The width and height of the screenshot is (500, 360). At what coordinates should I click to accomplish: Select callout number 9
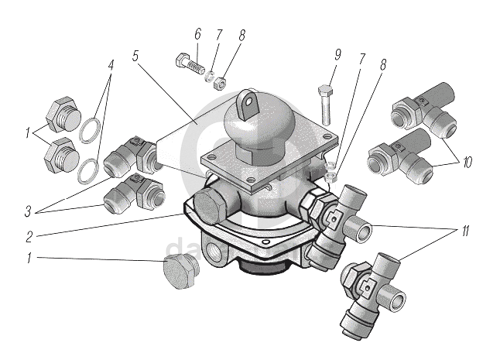tap(337, 56)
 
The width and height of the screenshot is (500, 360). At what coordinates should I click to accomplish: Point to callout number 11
tap(467, 231)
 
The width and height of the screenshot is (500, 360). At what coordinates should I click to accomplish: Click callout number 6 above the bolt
tap(197, 34)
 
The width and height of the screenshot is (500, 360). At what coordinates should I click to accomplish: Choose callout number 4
tap(111, 66)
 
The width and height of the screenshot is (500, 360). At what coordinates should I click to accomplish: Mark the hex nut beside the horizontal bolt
tap(220, 81)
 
